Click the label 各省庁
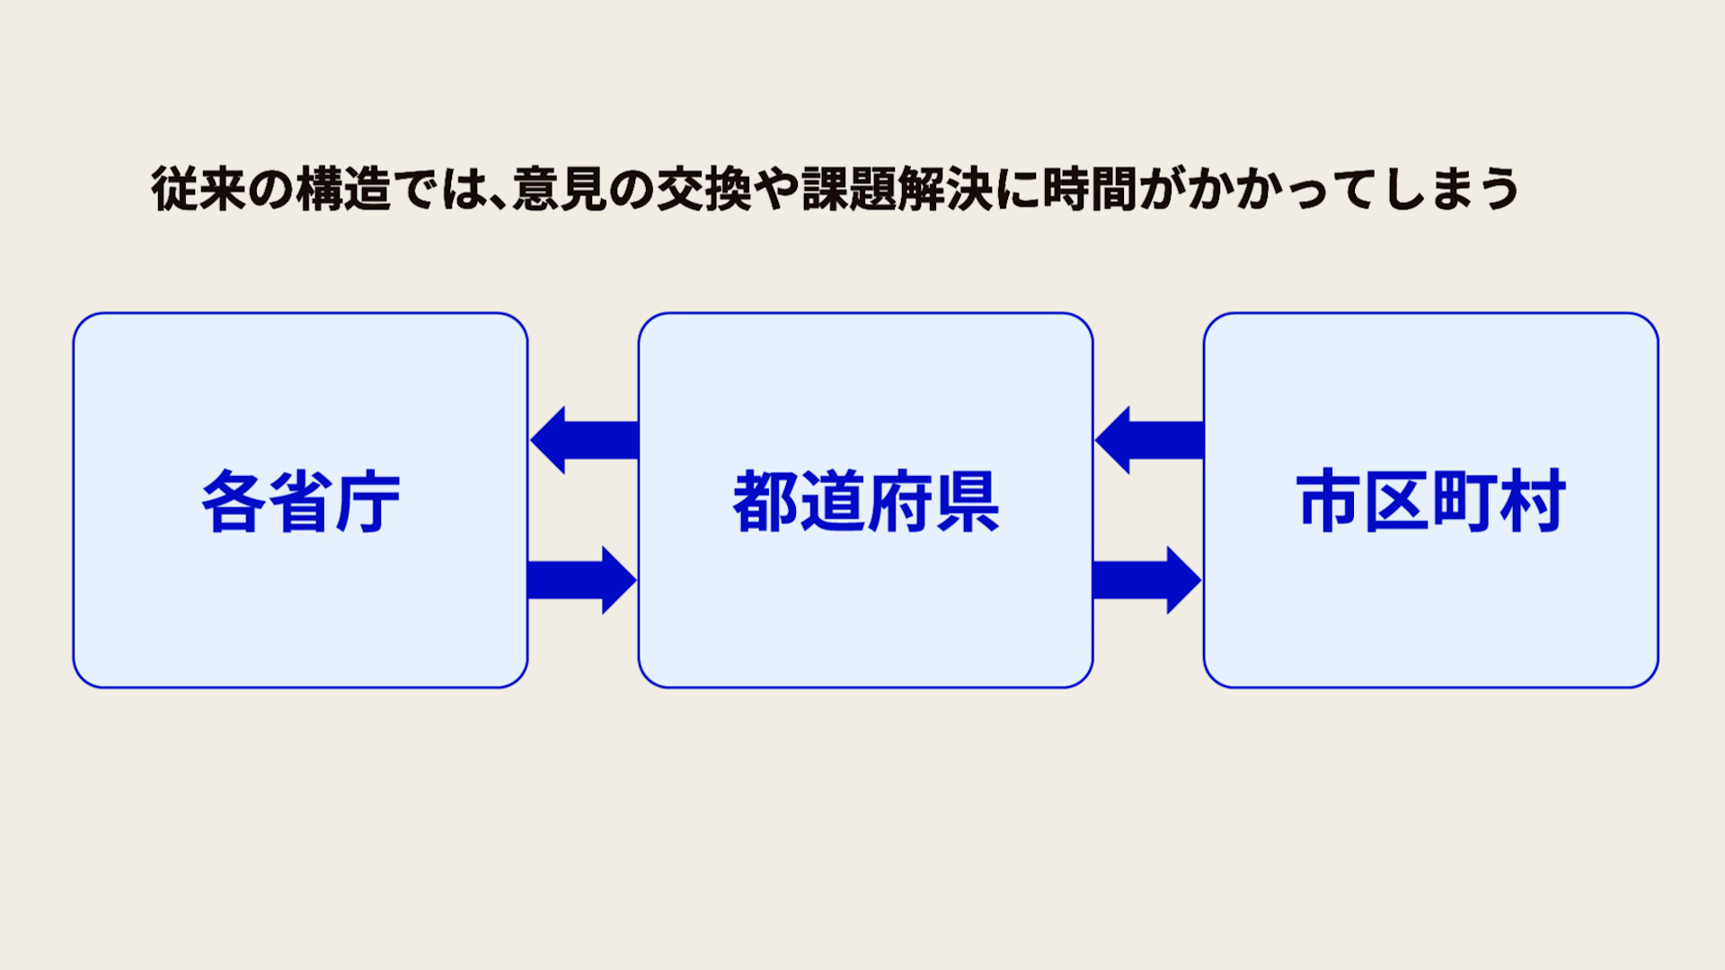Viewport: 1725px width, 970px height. tap(300, 501)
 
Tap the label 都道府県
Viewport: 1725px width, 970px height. tap(865, 501)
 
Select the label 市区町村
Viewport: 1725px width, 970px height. tap(1430, 501)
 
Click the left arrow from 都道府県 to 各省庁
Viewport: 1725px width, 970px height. tap(584, 440)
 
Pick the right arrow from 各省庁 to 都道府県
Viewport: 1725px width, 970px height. tap(582, 580)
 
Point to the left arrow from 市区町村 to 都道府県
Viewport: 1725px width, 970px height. tap(1149, 440)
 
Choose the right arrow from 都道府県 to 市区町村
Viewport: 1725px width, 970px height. tap(1147, 580)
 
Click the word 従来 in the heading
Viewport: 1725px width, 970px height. tap(198, 190)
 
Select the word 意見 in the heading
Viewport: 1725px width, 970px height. tap(559, 190)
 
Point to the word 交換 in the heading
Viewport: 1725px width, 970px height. tap(703, 190)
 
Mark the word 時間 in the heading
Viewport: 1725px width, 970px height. tap(1090, 190)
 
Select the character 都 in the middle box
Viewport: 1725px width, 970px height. tap(765, 501)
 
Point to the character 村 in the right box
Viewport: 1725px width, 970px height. tap(1533, 501)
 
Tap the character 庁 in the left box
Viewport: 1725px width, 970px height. tap(367, 501)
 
